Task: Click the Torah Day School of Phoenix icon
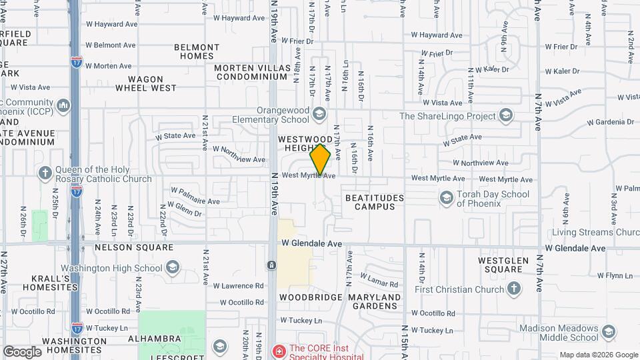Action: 445,198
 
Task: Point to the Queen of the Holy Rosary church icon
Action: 45,173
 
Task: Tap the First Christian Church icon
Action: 513,289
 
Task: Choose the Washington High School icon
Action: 173,268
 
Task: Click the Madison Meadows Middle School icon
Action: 608,332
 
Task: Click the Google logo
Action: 22,351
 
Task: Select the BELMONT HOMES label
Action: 197,51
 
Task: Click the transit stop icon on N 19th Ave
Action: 272,265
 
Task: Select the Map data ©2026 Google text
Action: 598,354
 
